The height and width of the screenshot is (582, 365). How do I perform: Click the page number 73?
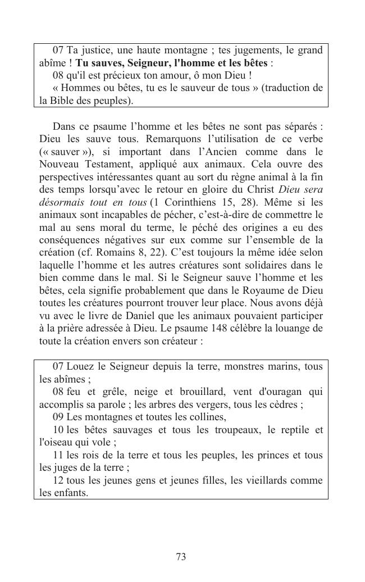tap(181, 557)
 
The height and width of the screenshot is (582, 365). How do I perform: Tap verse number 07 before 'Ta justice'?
tap(58, 51)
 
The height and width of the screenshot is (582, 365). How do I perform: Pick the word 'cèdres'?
tap(289, 404)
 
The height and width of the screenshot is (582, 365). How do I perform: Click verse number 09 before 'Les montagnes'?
tap(58, 417)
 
